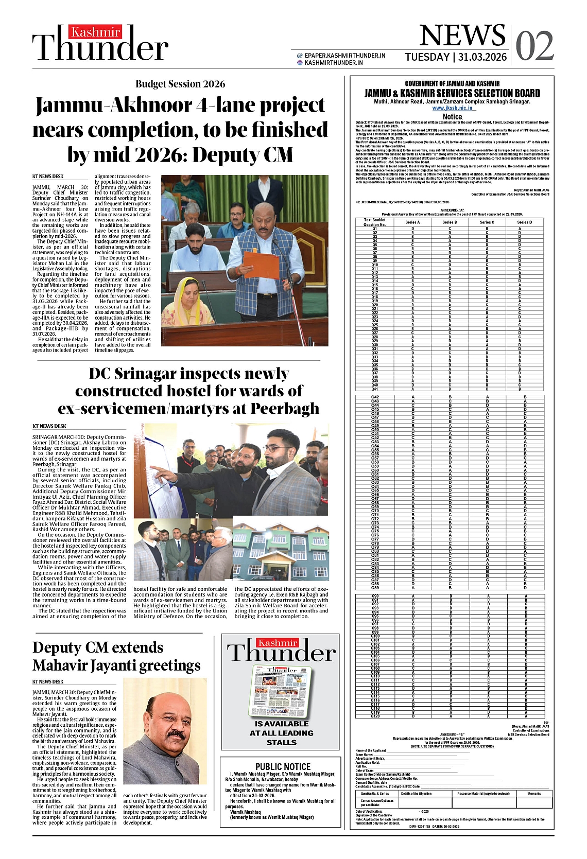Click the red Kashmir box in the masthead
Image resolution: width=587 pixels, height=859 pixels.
(96, 32)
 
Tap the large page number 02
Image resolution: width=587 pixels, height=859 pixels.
(534, 46)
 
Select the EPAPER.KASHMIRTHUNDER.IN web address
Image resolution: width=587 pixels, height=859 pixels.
(344, 56)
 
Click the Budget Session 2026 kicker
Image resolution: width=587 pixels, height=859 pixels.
(180, 84)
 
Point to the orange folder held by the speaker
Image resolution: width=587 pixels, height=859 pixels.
(261, 264)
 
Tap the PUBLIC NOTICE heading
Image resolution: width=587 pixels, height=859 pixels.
(283, 766)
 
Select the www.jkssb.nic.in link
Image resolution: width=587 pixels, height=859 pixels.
(452, 108)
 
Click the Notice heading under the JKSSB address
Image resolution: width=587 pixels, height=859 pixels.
(452, 117)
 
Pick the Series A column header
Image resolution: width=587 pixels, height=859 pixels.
(412, 222)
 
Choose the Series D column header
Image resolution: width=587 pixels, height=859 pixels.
(524, 222)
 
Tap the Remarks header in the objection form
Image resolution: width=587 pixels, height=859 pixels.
(534, 793)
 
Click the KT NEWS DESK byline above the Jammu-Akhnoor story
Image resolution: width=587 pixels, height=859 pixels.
(48, 177)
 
